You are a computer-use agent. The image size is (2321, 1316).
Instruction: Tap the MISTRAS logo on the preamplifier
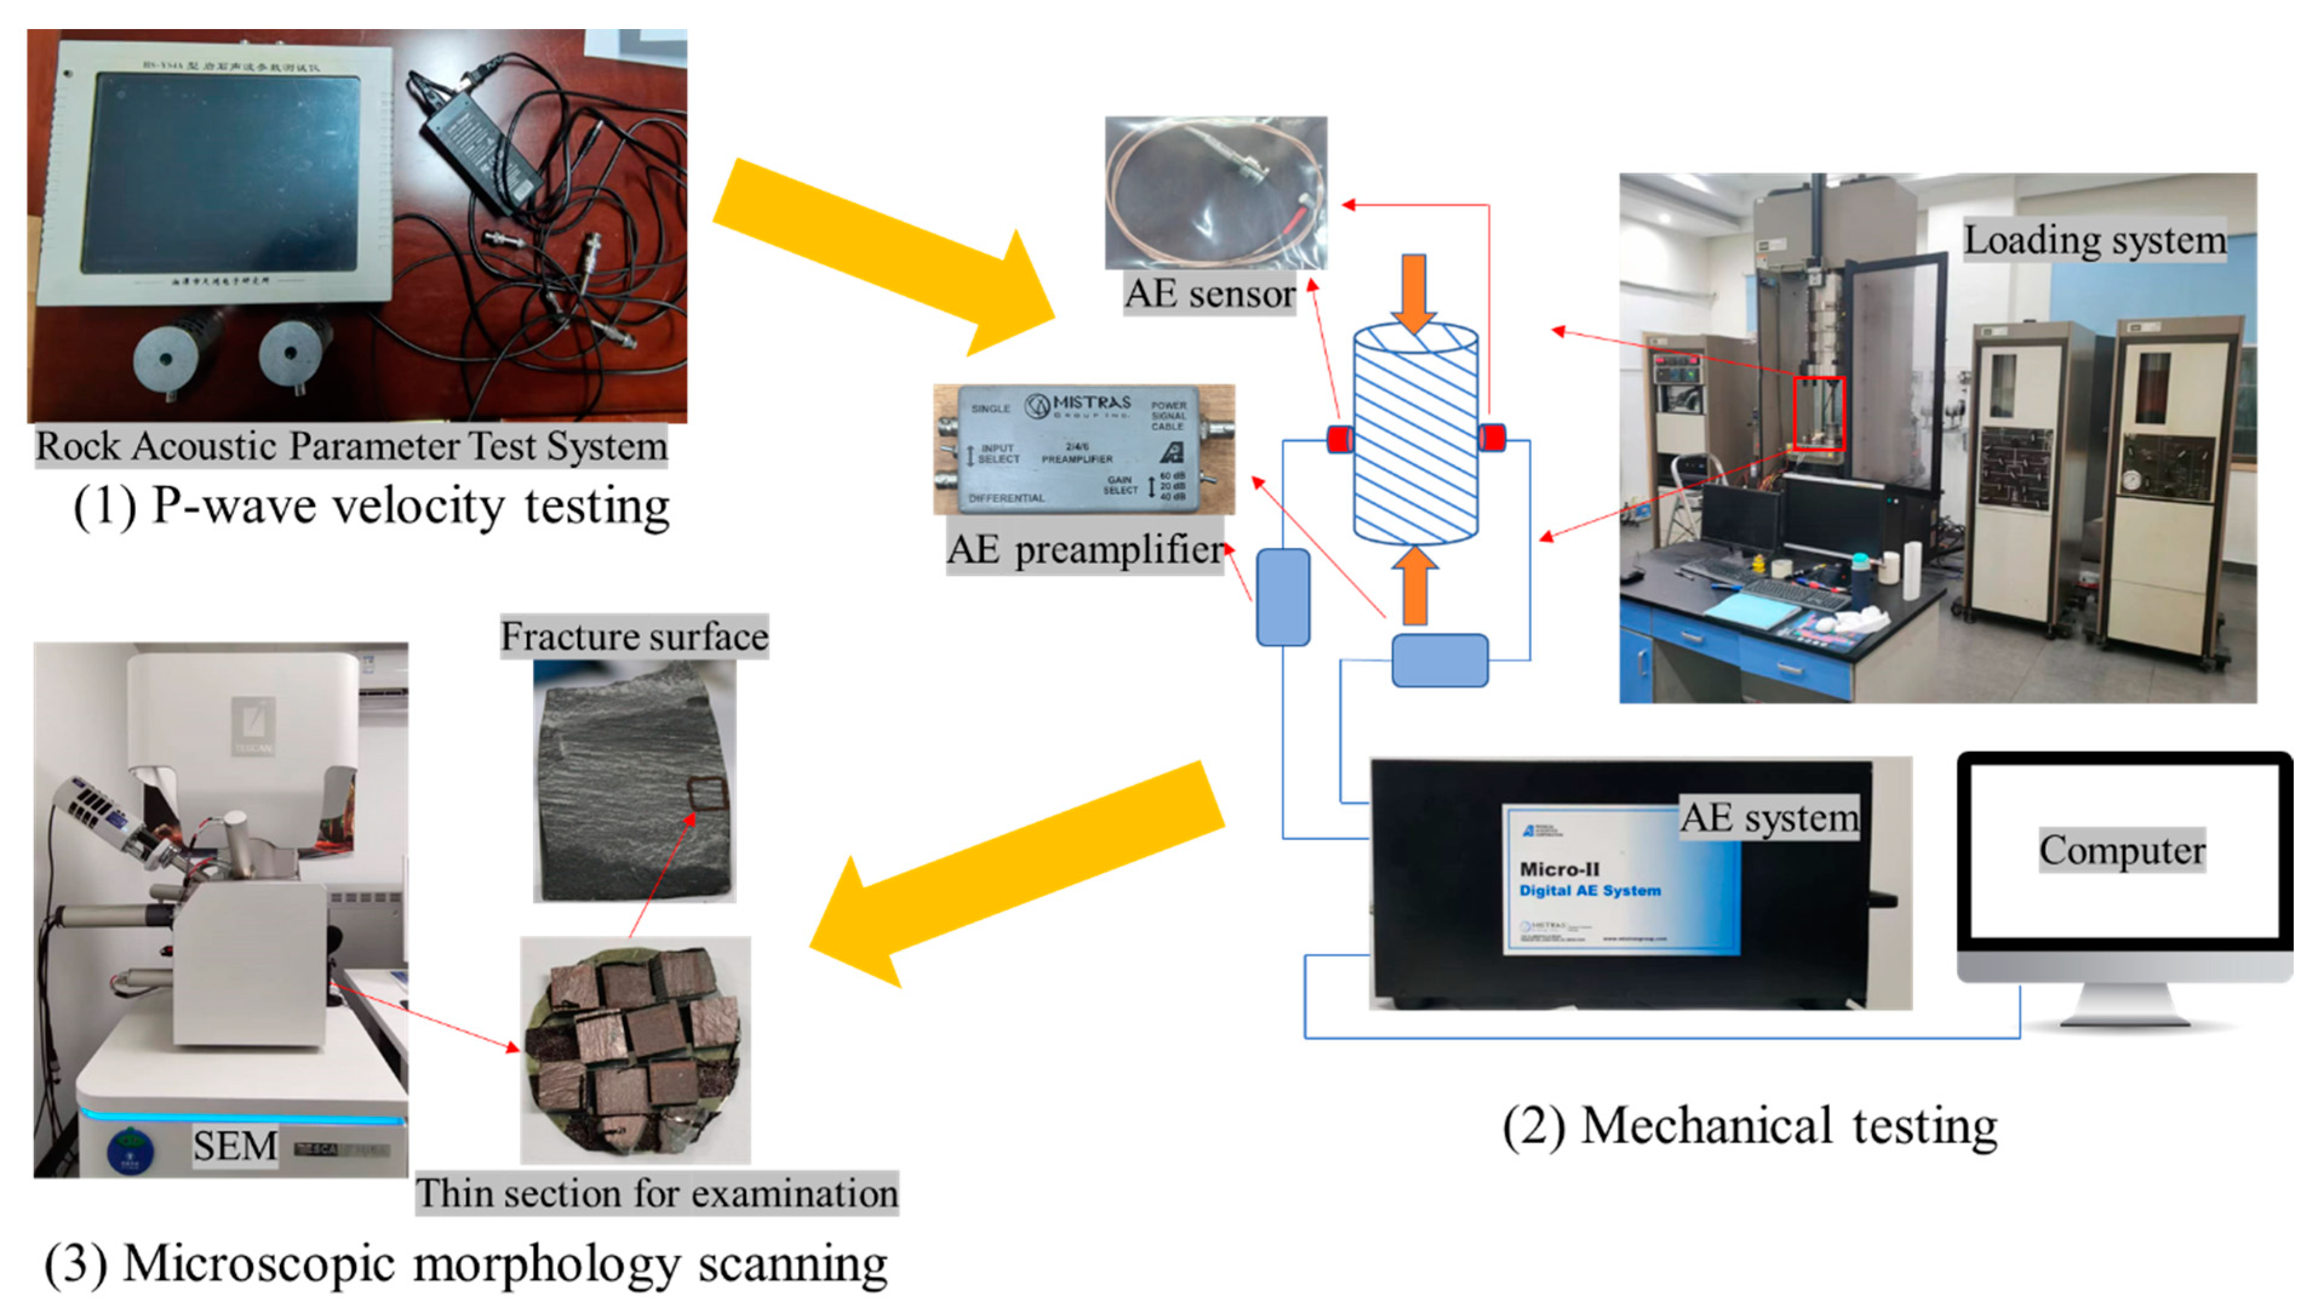pos(1078,406)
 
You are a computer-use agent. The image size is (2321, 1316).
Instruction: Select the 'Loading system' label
pos(2093,240)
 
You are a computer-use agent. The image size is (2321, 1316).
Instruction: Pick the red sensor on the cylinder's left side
pos(1339,439)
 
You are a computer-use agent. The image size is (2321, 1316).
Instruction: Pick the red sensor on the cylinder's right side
pos(1492,438)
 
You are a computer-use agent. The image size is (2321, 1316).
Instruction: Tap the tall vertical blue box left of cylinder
pos(1282,596)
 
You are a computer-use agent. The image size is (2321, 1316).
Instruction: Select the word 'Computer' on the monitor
pos(2121,850)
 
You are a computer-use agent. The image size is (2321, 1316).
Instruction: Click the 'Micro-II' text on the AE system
pos(1559,869)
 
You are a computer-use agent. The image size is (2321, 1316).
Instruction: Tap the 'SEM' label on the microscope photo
pos(234,1146)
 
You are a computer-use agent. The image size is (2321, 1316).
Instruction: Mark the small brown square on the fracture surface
pos(707,794)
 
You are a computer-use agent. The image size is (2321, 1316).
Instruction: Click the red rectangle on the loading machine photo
pos(1818,413)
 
